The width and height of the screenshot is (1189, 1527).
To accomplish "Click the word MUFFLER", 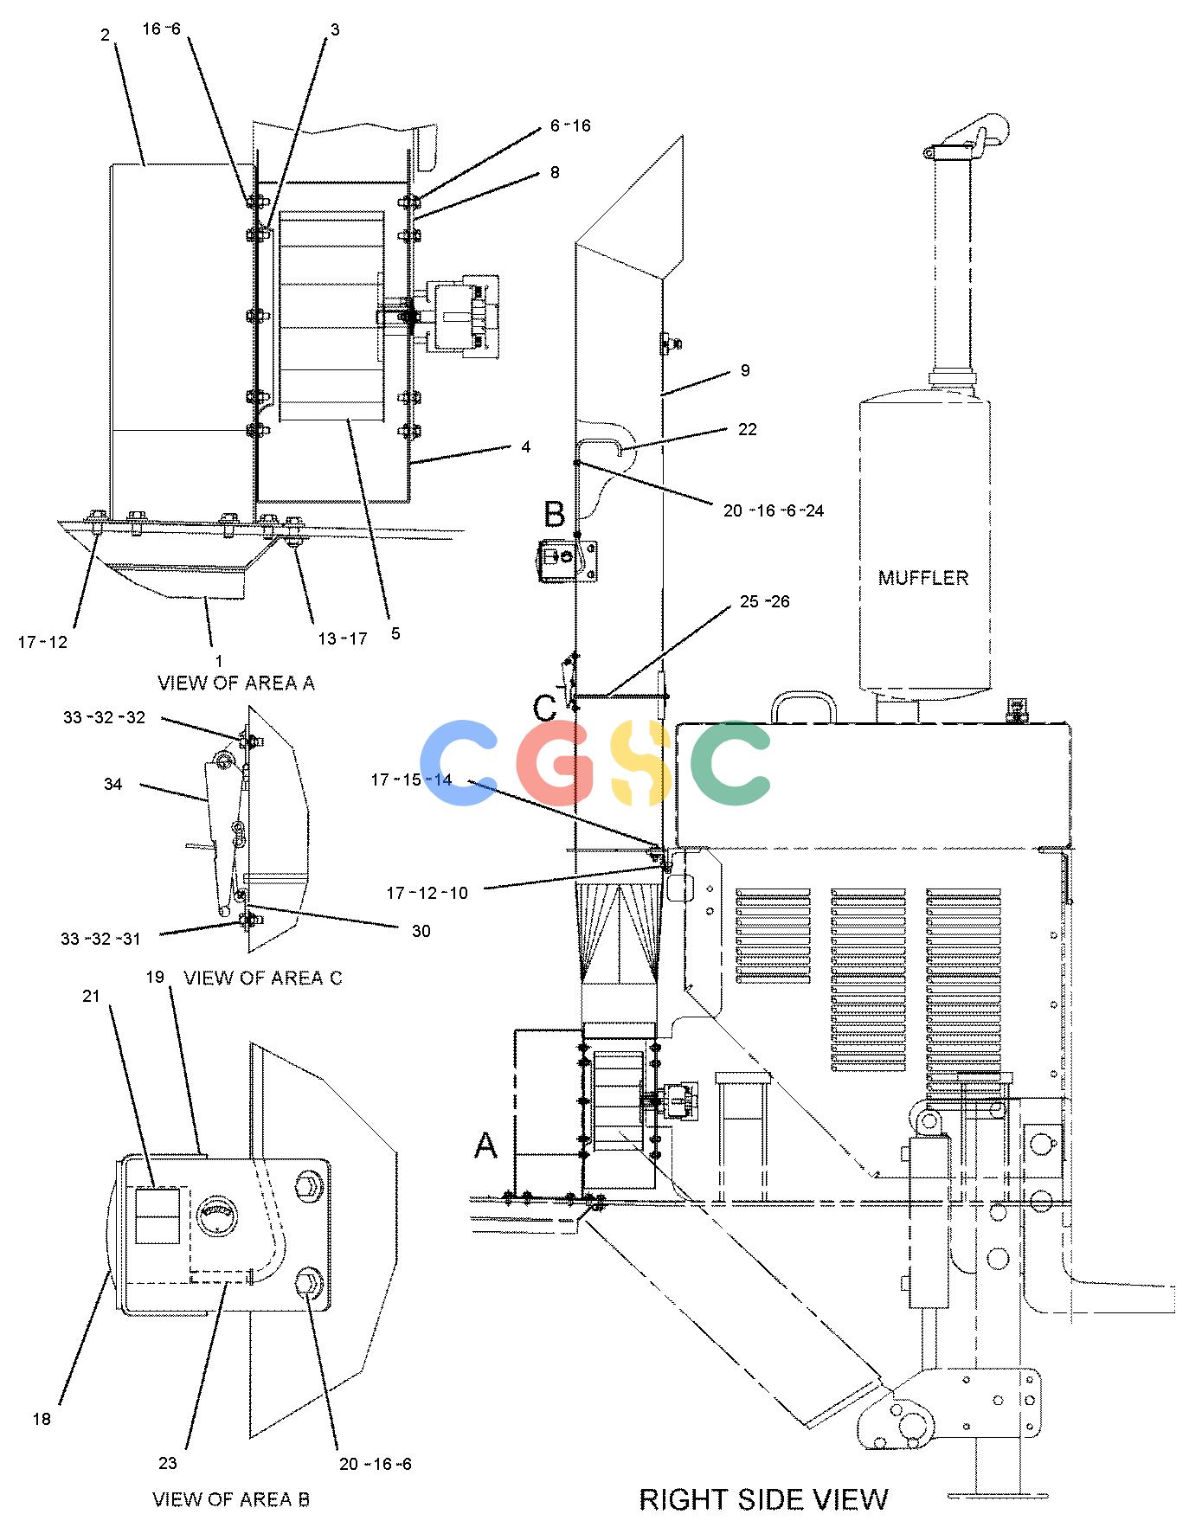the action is pyautogui.click(x=923, y=577).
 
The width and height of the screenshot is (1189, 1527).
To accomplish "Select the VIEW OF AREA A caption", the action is pyautogui.click(x=236, y=683).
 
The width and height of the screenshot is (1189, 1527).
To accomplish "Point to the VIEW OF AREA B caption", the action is pyautogui.click(x=231, y=1499).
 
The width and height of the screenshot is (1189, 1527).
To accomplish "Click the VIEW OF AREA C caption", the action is pyautogui.click(x=263, y=978).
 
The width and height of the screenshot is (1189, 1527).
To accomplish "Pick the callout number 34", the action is pyautogui.click(x=112, y=784).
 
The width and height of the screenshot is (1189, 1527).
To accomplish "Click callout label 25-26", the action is pyautogui.click(x=764, y=601).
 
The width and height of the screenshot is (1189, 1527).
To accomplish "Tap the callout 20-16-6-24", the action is pyautogui.click(x=774, y=510).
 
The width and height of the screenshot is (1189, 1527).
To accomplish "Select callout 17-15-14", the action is pyautogui.click(x=411, y=780).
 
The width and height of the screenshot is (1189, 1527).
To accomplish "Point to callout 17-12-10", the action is pyautogui.click(x=427, y=893).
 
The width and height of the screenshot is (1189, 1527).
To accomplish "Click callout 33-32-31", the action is pyautogui.click(x=101, y=938).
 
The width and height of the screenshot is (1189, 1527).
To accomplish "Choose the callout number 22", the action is pyautogui.click(x=747, y=429).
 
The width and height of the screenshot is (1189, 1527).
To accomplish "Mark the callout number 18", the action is pyautogui.click(x=42, y=1419).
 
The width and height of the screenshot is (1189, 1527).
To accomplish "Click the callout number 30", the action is pyautogui.click(x=421, y=931).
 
